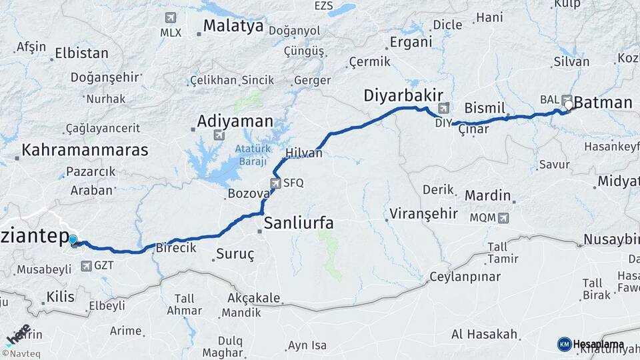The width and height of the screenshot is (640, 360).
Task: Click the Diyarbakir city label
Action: tap(403, 96)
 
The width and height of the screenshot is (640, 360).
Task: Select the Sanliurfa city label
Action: tap(298, 223)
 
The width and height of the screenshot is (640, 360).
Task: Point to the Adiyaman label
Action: tap(235, 121)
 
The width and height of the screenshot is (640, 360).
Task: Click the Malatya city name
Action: tap(233, 27)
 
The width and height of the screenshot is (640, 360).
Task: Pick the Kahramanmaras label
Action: tap(85, 149)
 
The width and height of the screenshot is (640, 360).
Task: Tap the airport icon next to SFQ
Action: tap(275, 183)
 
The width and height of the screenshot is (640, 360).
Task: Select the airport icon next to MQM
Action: tap(502, 217)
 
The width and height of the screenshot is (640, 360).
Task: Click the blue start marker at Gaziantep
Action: tap(73, 240)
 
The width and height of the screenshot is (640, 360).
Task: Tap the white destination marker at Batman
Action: tap(567, 105)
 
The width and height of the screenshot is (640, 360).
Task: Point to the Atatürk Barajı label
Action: tap(250, 155)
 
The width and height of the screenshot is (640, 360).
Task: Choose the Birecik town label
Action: tap(175, 247)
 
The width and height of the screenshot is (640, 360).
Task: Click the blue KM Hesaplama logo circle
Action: tap(564, 344)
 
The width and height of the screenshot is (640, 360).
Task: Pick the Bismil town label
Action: tap(485, 108)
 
